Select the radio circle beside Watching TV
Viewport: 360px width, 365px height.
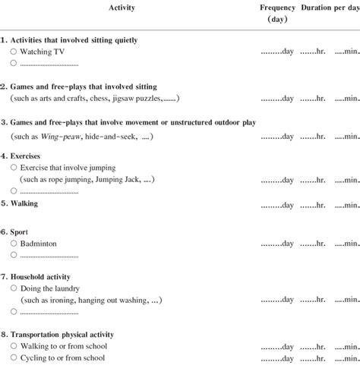tap(14, 51)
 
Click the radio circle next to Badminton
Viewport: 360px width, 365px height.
tap(14, 244)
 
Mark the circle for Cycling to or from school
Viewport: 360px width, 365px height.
tap(14, 358)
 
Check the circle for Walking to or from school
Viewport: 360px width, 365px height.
tap(14, 346)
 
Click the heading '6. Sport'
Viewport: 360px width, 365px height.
tap(19, 231)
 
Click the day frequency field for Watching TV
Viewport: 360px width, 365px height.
tap(277, 52)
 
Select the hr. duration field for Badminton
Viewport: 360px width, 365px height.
tap(313, 244)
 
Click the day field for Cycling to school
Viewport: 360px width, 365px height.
tap(277, 359)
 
